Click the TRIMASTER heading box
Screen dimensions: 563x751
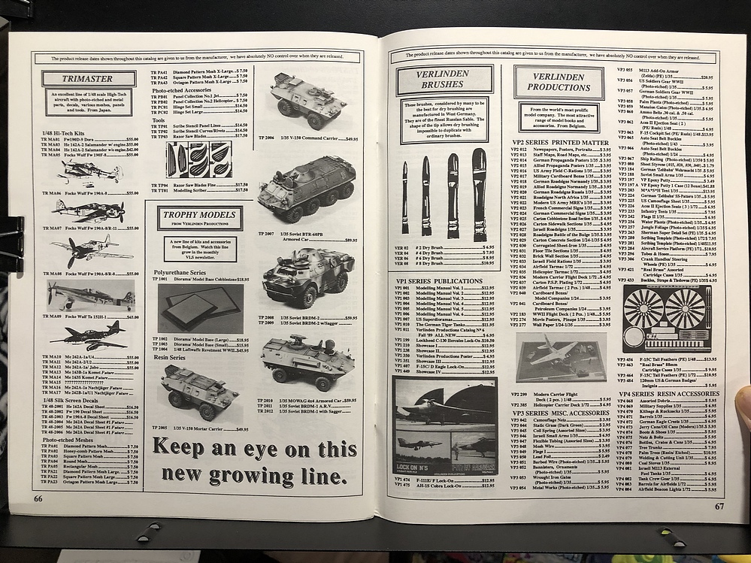[79, 78]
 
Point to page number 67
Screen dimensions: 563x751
[718, 506]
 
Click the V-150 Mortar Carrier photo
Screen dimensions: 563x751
[200, 391]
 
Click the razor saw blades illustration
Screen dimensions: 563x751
[199, 160]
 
